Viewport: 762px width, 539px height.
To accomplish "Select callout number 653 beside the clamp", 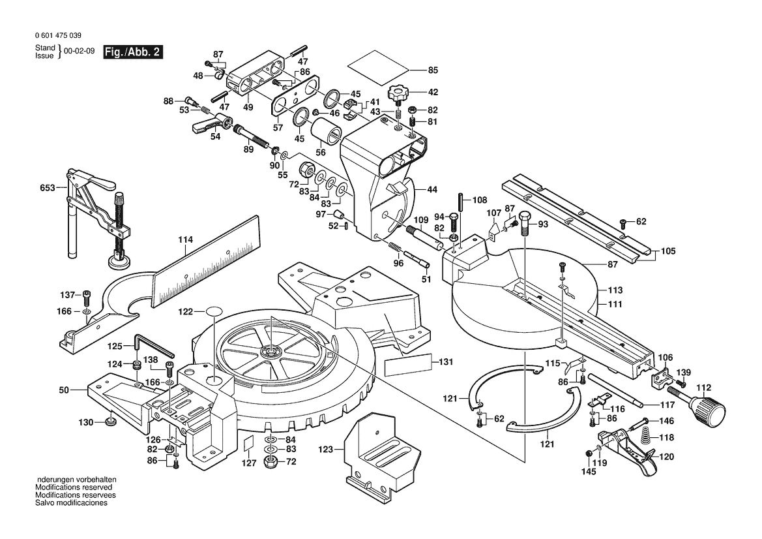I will (48, 188).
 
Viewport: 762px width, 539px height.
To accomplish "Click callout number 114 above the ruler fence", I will (185, 240).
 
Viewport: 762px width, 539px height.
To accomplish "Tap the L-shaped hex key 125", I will (149, 343).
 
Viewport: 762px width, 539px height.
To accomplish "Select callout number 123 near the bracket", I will (326, 450).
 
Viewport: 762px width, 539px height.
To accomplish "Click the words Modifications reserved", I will (74, 487).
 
